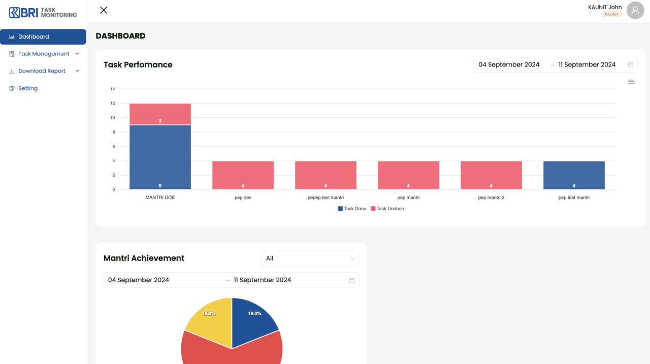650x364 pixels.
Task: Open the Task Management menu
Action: [44, 54]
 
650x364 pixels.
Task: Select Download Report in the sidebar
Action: [42, 71]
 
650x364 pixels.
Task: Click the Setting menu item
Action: [28, 88]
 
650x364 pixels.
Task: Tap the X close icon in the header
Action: [104, 10]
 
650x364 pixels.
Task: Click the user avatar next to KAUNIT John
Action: [635, 10]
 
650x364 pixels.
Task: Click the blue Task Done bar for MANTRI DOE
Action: [160, 157]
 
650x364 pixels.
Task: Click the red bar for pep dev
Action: [243, 175]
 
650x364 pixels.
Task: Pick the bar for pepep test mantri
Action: [326, 175]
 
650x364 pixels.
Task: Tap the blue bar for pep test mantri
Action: [574, 175]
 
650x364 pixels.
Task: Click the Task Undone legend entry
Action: [387, 209]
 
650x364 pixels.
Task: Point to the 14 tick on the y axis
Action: [113, 89]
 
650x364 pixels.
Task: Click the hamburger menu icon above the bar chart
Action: [631, 82]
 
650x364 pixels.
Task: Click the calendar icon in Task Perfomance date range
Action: [630, 65]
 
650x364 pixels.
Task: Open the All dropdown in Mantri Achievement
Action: [310, 258]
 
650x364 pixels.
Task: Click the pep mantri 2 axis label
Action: [491, 198]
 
